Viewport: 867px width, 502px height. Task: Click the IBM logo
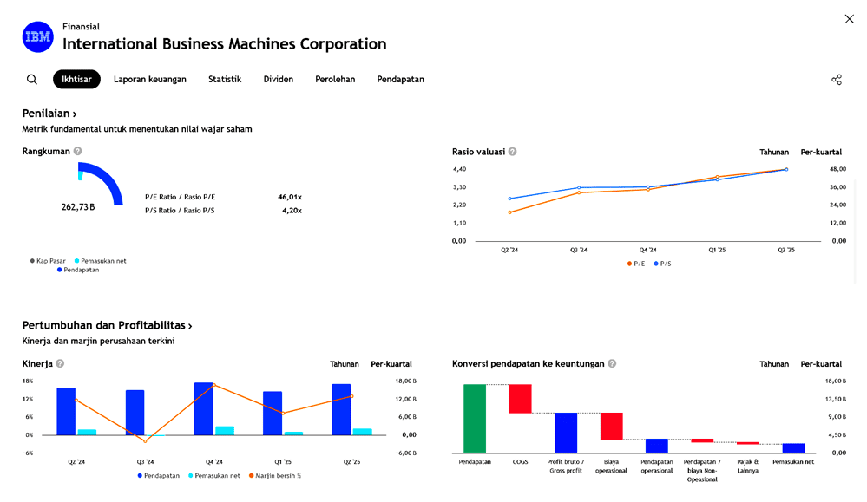(x=37, y=37)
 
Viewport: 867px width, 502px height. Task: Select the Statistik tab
(x=225, y=80)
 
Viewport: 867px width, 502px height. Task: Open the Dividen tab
(x=279, y=80)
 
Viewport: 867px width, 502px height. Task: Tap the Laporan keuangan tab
(x=150, y=80)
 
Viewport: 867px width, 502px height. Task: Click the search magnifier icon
(x=32, y=80)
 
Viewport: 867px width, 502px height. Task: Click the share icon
(x=837, y=80)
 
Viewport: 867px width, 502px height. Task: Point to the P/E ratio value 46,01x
(x=290, y=197)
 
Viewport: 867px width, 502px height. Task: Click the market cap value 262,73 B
(x=78, y=207)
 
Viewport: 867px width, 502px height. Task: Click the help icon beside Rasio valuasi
(x=513, y=152)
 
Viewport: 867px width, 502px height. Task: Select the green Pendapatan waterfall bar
(x=475, y=418)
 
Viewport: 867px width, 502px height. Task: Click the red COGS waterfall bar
(x=520, y=398)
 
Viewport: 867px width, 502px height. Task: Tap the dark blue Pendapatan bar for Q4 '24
(x=204, y=408)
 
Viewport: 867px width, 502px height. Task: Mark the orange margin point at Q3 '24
(x=145, y=441)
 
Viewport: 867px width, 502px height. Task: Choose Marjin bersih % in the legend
(x=276, y=475)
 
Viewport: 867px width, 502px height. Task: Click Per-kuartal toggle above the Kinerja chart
(x=391, y=364)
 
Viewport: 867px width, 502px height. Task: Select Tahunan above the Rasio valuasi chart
(x=774, y=152)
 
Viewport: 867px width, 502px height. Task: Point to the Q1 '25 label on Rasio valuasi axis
(x=717, y=250)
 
